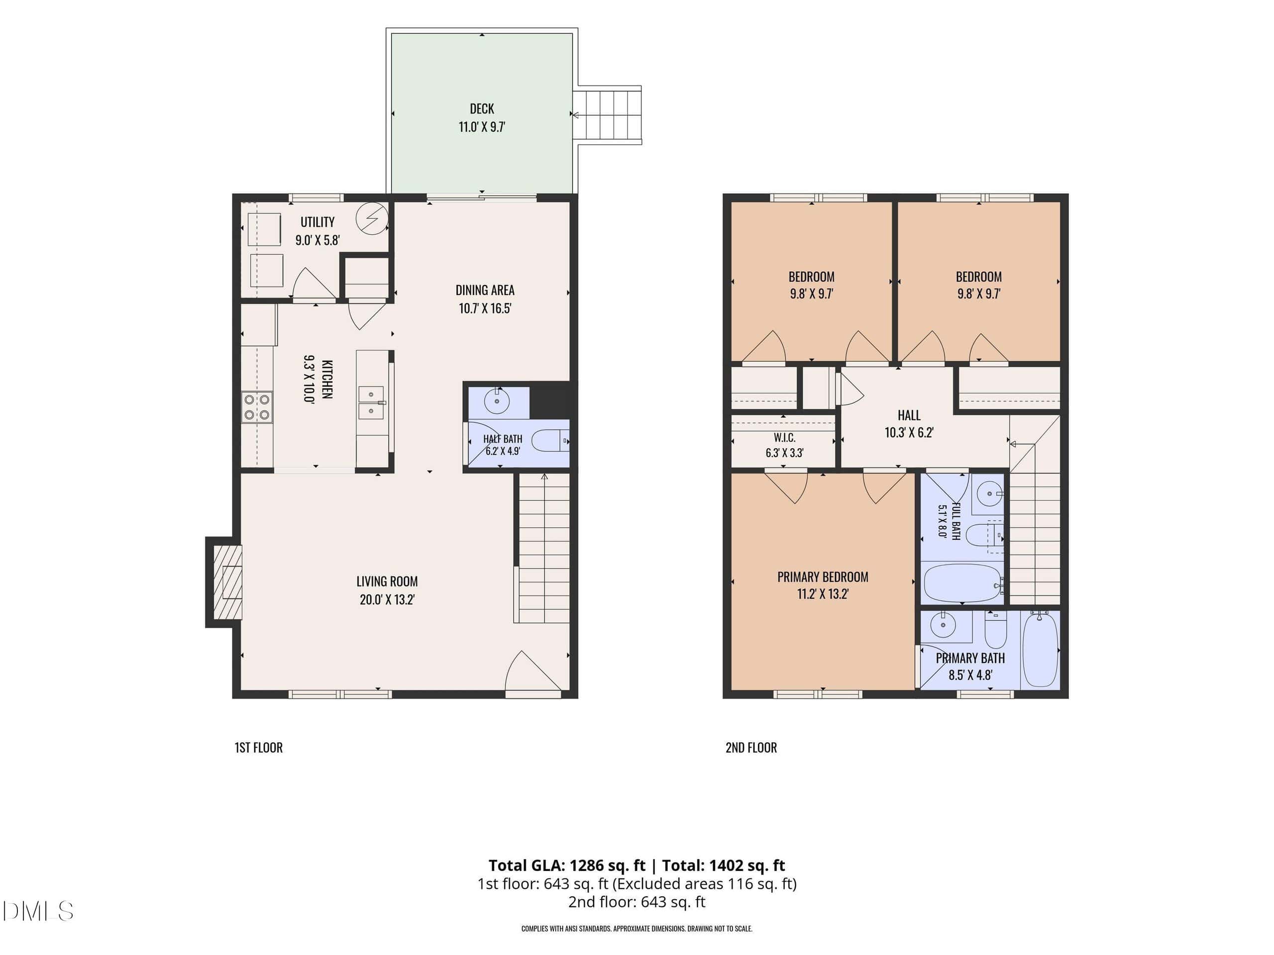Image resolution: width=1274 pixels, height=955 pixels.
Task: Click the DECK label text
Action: (482, 109)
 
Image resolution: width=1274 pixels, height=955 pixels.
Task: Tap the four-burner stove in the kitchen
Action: (257, 407)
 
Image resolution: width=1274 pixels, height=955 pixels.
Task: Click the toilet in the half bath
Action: (550, 442)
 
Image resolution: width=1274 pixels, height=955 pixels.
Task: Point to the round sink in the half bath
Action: (497, 400)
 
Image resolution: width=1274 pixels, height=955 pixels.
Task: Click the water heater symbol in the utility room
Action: (371, 219)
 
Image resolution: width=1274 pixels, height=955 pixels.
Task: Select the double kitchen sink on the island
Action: (371, 403)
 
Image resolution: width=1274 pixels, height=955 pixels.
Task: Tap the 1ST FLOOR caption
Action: (259, 747)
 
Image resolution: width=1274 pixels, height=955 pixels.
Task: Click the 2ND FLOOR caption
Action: (751, 747)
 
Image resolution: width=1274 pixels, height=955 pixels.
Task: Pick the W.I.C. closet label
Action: (784, 438)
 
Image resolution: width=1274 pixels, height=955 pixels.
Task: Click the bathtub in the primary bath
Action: (1040, 649)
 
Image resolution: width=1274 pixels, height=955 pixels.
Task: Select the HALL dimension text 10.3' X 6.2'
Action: (909, 432)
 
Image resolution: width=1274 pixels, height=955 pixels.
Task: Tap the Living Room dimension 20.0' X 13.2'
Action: (387, 599)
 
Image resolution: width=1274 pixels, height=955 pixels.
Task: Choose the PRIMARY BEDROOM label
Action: (823, 577)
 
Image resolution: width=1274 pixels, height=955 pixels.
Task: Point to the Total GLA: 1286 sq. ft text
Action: (567, 865)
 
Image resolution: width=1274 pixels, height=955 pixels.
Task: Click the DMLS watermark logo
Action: (38, 911)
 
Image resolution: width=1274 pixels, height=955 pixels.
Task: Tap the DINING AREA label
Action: (485, 290)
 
